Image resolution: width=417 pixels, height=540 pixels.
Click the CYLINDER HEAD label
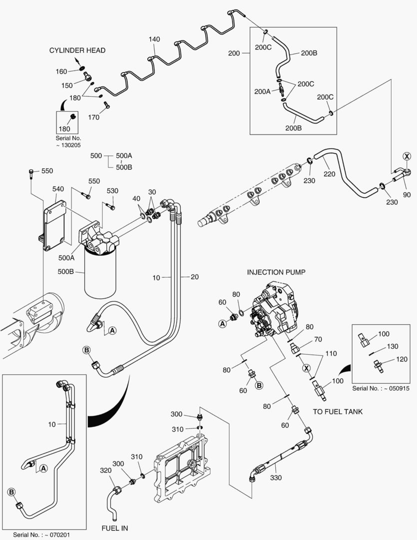(77, 50)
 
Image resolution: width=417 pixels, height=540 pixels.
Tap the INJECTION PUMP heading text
(276, 272)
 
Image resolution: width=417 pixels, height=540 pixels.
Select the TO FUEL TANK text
(338, 411)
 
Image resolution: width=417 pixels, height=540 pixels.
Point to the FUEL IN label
(115, 528)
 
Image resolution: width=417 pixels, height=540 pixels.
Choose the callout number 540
(58, 189)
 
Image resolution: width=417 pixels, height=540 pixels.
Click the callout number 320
(105, 470)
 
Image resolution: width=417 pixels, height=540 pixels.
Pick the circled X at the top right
(407, 156)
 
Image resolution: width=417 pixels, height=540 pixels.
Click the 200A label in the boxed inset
(262, 91)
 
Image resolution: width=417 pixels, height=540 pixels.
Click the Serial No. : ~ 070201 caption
(42, 534)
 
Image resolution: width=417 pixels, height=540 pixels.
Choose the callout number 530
(112, 191)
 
